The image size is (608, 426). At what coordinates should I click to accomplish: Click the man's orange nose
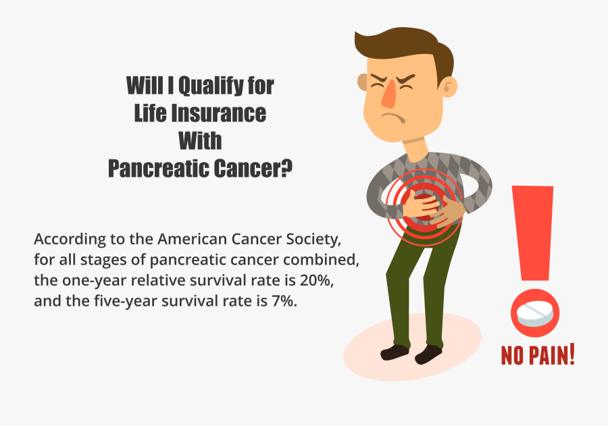(x=388, y=95)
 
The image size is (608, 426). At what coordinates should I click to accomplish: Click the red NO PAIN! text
(x=538, y=354)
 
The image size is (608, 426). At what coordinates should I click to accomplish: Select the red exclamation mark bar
(x=533, y=230)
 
